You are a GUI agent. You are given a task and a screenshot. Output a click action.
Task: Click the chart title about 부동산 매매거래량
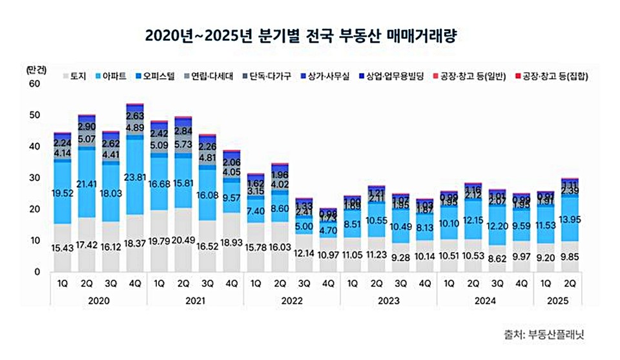pos(310,34)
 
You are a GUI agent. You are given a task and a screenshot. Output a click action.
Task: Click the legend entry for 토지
pos(77,76)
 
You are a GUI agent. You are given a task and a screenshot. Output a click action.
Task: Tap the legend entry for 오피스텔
pos(158,76)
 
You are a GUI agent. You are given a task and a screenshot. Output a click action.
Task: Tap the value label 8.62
pos(497,257)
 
